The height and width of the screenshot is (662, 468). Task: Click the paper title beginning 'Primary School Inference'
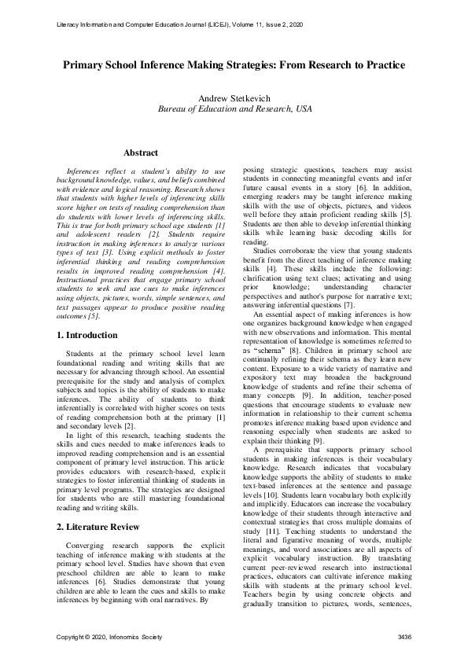click(x=234, y=64)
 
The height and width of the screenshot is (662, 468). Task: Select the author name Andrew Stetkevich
click(x=234, y=98)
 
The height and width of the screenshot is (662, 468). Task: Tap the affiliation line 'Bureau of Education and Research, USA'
click(x=234, y=109)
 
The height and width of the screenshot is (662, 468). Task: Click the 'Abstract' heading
click(x=141, y=153)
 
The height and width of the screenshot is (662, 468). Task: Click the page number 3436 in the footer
click(x=404, y=634)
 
